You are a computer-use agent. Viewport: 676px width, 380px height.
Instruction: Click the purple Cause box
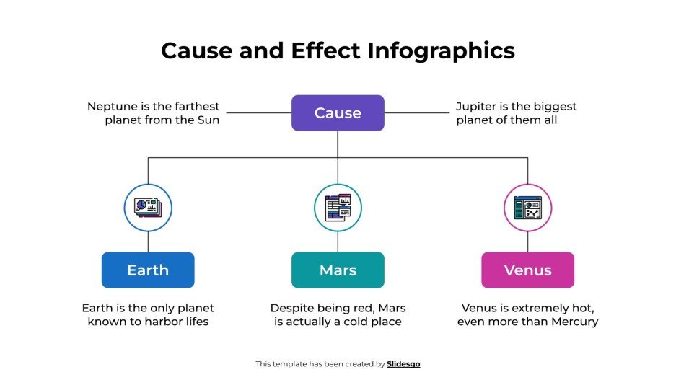pyautogui.click(x=338, y=113)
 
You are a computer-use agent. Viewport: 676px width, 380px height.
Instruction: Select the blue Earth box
pyautogui.click(x=148, y=270)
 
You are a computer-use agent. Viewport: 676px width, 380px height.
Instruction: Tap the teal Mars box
pyautogui.click(x=338, y=270)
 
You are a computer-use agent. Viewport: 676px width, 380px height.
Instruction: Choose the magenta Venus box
pyautogui.click(x=527, y=270)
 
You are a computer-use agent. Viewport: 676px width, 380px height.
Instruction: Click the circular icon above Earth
pyautogui.click(x=148, y=208)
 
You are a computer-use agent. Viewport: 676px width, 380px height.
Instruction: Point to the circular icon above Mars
pyautogui.click(x=338, y=208)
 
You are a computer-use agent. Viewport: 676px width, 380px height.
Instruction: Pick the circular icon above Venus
pyautogui.click(x=527, y=208)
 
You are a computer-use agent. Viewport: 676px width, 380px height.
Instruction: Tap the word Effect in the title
pyautogui.click(x=324, y=51)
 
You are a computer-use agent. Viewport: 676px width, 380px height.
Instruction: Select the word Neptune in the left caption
pyautogui.click(x=113, y=107)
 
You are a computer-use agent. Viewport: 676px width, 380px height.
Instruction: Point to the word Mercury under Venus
pyautogui.click(x=571, y=322)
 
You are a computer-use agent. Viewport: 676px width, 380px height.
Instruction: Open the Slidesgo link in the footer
pyautogui.click(x=403, y=364)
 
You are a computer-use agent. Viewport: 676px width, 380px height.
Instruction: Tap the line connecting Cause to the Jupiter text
pyautogui.click(x=417, y=113)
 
